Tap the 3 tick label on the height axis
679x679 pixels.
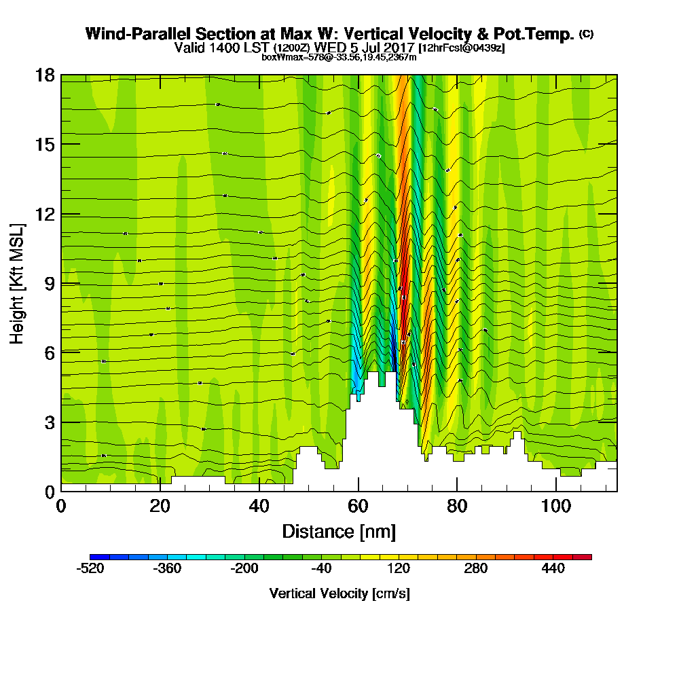tap(50, 422)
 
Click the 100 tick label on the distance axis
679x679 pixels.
tap(556, 507)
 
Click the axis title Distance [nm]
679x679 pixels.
tap(339, 531)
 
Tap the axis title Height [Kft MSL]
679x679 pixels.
tap(17, 283)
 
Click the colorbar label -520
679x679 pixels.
tap(90, 569)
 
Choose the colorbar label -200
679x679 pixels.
tap(244, 569)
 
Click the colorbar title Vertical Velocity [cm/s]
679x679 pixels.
tap(339, 594)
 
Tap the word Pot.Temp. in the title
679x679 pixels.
tap(540, 34)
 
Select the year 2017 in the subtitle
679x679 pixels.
tap(398, 48)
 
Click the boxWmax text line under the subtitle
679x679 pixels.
tap(339, 57)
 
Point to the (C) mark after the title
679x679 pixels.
tap(586, 34)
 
